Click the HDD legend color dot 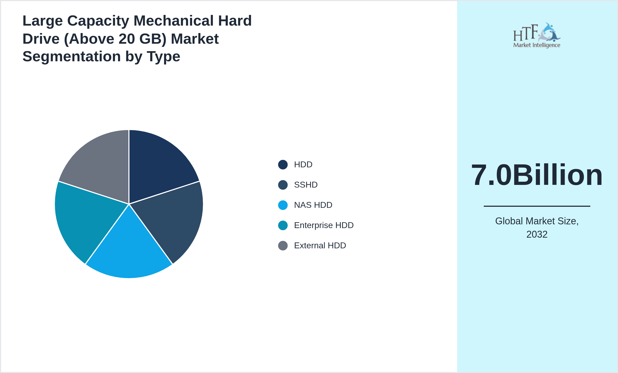pyautogui.click(x=283, y=165)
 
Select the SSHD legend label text pyautogui.click(x=306, y=185)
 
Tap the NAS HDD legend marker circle pyautogui.click(x=283, y=205)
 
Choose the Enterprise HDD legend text pyautogui.click(x=324, y=225)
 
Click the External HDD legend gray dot pyautogui.click(x=283, y=246)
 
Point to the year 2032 pyautogui.click(x=537, y=234)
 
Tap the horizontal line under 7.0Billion pyautogui.click(x=537, y=206)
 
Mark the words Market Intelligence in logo pyautogui.click(x=536, y=45)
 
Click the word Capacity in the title pyautogui.click(x=98, y=21)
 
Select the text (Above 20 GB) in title pyautogui.click(x=115, y=39)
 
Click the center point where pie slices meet pyautogui.click(x=129, y=204)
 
